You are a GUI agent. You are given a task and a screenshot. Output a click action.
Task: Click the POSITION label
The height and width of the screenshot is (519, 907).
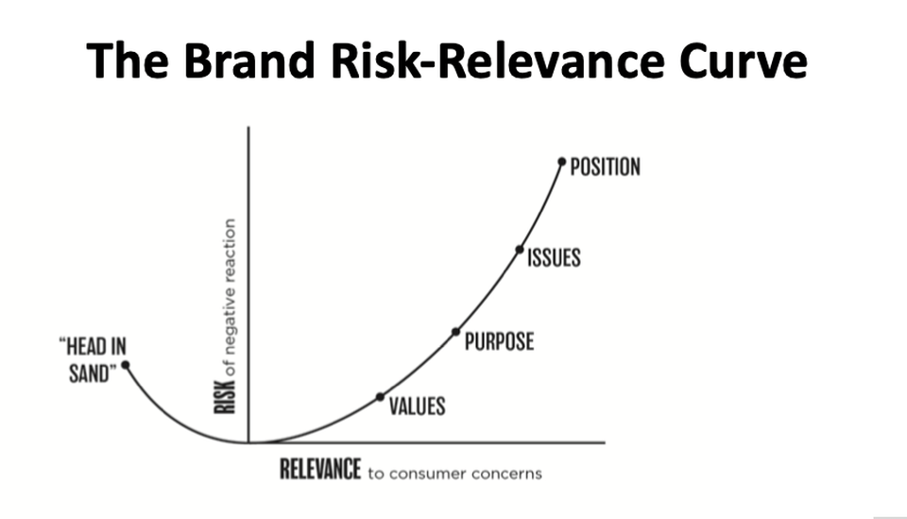[606, 167]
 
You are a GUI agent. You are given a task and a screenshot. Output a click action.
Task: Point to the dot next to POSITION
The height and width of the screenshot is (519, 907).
[562, 162]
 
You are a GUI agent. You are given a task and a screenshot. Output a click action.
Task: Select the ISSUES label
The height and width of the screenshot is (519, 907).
[554, 257]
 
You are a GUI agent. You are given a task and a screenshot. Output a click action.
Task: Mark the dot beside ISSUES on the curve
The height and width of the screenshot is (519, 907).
[520, 250]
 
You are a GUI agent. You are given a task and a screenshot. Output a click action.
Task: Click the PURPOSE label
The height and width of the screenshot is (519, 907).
[499, 340]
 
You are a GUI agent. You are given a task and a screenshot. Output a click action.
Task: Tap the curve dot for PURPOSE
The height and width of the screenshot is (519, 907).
[455, 332]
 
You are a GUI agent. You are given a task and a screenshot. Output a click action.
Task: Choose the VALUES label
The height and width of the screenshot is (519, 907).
[417, 407]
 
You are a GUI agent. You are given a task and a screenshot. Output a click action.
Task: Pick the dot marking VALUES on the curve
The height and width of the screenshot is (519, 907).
[380, 396]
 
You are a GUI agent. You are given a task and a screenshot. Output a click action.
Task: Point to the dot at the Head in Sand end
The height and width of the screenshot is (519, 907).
[126, 364]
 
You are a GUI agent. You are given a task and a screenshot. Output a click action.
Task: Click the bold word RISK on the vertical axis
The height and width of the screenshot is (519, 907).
[225, 395]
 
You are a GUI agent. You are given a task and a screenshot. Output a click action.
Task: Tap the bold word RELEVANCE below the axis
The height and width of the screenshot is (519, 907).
[321, 469]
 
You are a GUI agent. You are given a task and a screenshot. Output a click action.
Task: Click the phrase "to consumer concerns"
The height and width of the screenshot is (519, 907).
[455, 472]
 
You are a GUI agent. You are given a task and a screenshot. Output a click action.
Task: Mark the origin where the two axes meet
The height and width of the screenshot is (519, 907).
[248, 441]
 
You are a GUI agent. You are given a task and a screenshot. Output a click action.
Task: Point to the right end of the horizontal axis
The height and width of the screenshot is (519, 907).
[603, 441]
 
